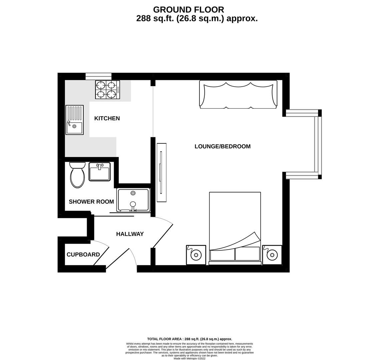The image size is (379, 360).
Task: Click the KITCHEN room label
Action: (107, 118)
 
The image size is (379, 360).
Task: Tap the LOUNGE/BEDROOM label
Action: (223, 146)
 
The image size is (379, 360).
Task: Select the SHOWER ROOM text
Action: (91, 202)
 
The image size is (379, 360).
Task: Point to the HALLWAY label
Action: (130, 234)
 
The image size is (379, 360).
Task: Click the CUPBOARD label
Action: (83, 255)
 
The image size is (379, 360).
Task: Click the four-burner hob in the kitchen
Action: (107, 90)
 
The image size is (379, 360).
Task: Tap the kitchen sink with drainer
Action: (74, 120)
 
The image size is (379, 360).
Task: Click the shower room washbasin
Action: (99, 172)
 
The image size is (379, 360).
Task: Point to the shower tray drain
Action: (133, 193)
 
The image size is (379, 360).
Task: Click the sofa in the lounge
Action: (238, 94)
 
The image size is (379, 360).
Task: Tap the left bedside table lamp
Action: (196, 255)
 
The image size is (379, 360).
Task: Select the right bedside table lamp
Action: (272, 255)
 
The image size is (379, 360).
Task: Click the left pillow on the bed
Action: (223, 254)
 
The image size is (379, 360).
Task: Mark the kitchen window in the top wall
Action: (98, 76)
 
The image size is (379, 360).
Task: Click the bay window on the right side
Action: (318, 144)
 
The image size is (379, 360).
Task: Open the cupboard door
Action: (101, 255)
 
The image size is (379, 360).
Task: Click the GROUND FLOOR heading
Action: (188, 10)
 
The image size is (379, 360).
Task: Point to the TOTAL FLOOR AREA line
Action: (190, 339)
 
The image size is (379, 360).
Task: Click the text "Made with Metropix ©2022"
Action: (190, 358)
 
